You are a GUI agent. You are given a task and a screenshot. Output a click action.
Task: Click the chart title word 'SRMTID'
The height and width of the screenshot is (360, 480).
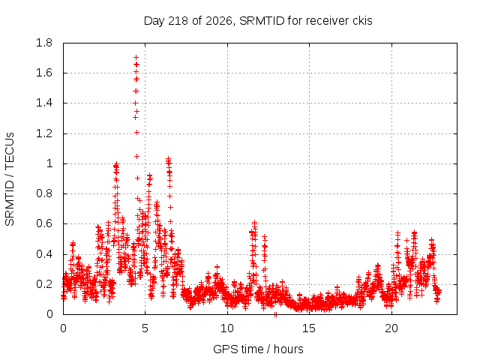tap(262, 21)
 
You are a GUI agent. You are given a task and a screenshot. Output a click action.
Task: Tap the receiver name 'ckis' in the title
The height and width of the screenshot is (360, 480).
tap(362, 21)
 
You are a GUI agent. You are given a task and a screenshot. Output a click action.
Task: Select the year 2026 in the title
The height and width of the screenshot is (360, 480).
tap(218, 21)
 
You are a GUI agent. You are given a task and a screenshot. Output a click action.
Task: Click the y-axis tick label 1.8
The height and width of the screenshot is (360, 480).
tap(44, 43)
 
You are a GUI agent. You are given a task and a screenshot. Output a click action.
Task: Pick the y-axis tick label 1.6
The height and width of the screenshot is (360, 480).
tap(44, 73)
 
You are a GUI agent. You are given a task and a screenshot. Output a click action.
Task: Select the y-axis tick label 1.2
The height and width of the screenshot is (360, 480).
tap(44, 133)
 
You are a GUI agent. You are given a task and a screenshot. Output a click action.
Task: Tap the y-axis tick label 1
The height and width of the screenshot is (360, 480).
tap(49, 163)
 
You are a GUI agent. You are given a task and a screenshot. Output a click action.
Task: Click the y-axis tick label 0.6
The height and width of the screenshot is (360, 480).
tap(44, 223)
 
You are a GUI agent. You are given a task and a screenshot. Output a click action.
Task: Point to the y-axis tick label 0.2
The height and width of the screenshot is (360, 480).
tap(44, 284)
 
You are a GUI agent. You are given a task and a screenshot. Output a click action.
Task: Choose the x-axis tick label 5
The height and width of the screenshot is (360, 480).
tap(145, 328)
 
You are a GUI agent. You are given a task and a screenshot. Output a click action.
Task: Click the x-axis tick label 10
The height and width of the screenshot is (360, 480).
tap(226, 328)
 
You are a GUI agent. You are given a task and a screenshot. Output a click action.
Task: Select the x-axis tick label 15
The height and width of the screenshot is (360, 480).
tap(309, 328)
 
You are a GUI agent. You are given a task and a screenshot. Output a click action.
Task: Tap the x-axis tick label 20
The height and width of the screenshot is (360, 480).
tap(391, 328)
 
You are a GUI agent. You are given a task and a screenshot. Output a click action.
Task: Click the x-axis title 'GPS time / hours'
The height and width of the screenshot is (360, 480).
tap(258, 349)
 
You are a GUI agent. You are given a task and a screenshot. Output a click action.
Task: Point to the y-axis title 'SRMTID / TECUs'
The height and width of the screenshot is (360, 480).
tap(10, 179)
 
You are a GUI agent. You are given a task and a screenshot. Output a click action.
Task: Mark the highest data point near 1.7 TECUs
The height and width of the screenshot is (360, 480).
tap(136, 57)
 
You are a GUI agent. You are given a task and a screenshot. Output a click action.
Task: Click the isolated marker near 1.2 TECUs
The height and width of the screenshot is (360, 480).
tap(136, 132)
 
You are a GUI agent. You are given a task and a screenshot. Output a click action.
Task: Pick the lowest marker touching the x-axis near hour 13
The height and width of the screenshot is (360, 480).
tap(275, 314)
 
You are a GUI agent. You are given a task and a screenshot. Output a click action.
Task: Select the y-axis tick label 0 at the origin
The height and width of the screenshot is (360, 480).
tap(49, 314)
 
